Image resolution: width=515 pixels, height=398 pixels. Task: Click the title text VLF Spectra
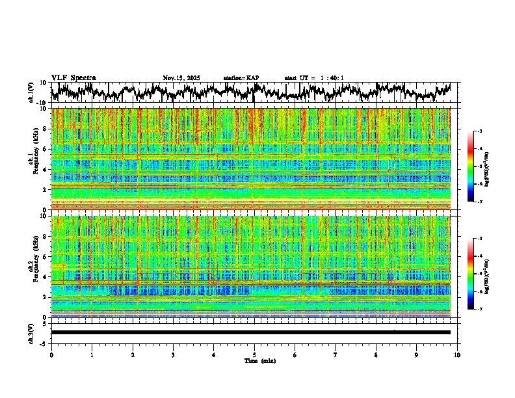tap(73, 77)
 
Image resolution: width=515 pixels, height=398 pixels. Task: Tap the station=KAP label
tap(241, 78)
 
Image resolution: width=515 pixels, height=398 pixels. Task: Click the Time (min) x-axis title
tap(259, 360)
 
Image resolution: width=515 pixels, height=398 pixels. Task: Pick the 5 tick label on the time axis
tap(254, 354)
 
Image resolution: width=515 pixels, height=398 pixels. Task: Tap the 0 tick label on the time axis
tap(51, 354)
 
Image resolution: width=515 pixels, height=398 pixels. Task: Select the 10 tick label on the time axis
tap(457, 354)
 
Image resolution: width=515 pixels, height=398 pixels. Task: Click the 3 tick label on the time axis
tap(173, 354)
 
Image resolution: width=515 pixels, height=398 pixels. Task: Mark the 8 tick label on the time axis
tap(376, 354)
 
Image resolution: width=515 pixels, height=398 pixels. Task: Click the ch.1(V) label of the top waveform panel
tap(31, 92)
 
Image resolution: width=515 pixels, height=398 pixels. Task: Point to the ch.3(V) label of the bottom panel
tap(31, 332)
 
